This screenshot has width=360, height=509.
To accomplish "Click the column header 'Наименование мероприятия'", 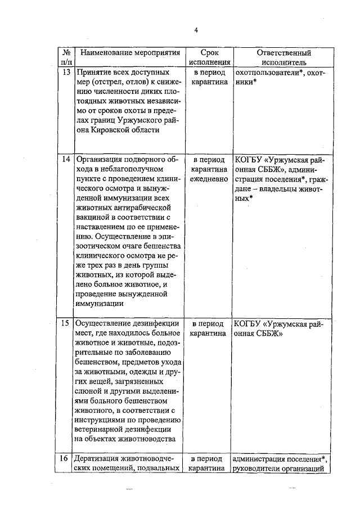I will tap(128, 53).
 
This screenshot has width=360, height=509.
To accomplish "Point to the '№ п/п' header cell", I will tap(66, 57).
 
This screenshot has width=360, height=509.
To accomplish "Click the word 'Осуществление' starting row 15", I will tap(105, 324).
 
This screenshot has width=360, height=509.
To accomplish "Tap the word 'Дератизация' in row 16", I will tap(101, 458).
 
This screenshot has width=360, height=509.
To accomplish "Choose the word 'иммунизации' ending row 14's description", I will tap(100, 304).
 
